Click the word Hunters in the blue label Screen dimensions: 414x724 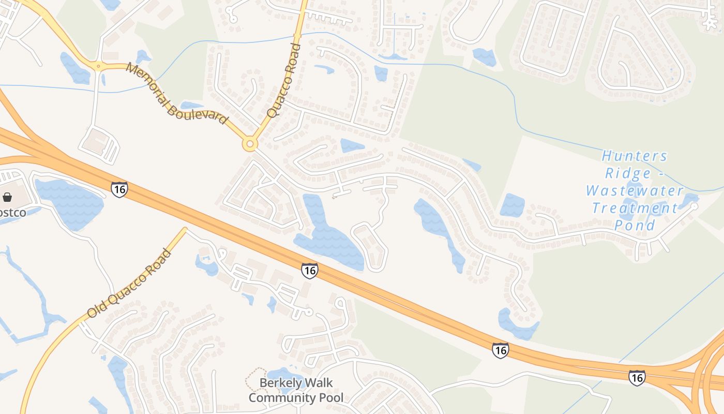pyautogui.click(x=635, y=156)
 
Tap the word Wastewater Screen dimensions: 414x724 pyautogui.click(x=635, y=190)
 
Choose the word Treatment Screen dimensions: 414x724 pyautogui.click(x=635, y=208)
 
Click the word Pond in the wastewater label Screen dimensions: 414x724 pyautogui.click(x=635, y=225)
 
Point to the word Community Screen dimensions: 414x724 pyautogui.click(x=278, y=397)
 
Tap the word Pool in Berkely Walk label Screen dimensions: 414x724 pyautogui.click(x=327, y=397)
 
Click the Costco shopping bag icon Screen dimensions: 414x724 pyautogui.click(x=7, y=197)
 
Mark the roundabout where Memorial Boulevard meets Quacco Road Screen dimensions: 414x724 pyautogui.click(x=250, y=144)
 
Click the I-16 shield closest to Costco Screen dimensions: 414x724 pyautogui.click(x=119, y=189)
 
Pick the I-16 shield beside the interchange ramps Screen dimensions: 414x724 pyautogui.click(x=637, y=377)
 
